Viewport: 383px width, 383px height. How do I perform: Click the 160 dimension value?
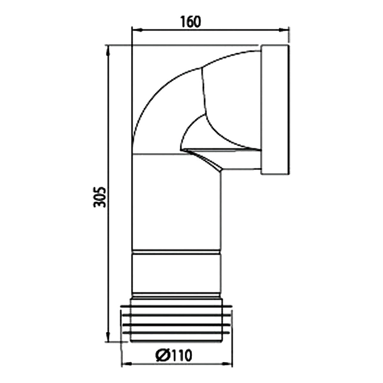point(191,21)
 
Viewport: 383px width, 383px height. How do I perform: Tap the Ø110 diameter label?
point(174,355)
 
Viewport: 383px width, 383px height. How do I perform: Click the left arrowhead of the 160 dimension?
point(135,30)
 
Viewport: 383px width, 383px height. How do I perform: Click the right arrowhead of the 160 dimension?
point(285,30)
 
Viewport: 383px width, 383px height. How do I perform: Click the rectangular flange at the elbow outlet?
point(275,109)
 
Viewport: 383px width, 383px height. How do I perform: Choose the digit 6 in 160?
point(191,21)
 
